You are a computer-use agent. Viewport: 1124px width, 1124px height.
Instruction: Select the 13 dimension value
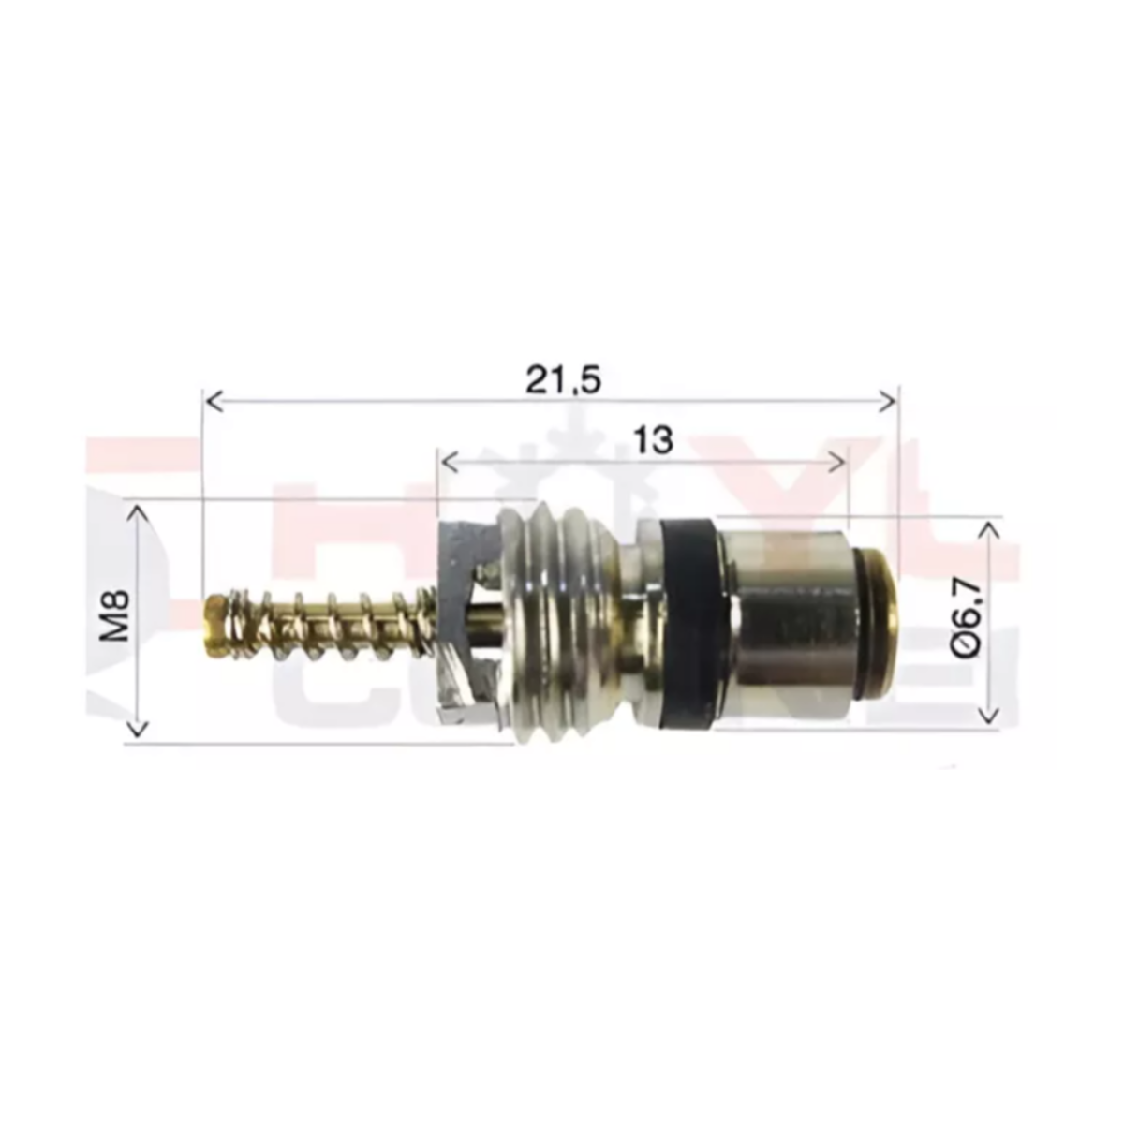pos(653,439)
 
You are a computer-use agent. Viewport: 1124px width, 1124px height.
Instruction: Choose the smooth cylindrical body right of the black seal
pos(791,618)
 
